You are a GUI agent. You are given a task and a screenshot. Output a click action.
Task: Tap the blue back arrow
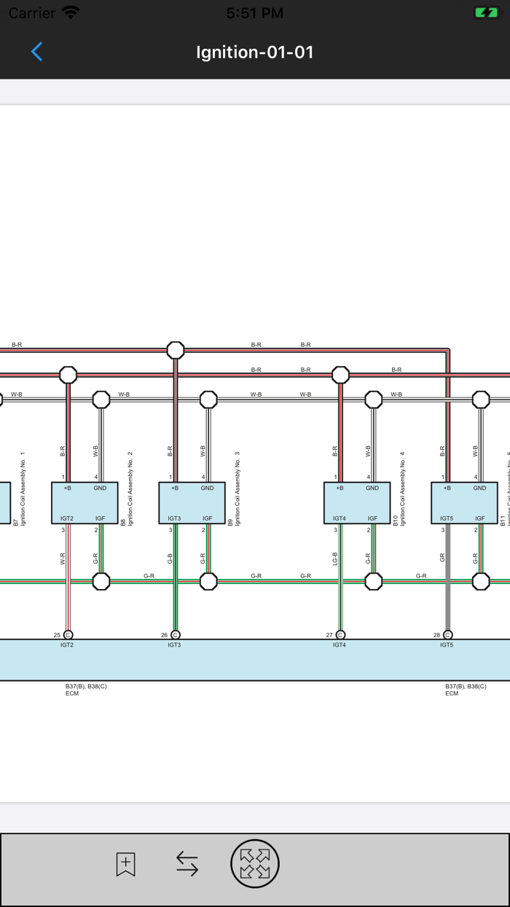tap(36, 51)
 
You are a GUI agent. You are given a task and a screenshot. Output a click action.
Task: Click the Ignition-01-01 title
tap(254, 52)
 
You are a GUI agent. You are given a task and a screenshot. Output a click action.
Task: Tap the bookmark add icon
tap(125, 864)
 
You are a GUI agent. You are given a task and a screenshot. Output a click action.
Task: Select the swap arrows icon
tap(187, 864)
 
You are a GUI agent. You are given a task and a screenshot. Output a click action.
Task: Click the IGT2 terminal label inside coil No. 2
tap(66, 518)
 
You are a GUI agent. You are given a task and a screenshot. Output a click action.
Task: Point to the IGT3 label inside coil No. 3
tap(174, 518)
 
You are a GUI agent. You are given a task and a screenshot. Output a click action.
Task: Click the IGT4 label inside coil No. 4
tap(339, 518)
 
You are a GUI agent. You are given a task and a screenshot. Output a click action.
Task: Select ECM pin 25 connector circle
tap(68, 635)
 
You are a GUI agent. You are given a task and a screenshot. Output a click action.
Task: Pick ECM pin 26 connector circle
tap(175, 635)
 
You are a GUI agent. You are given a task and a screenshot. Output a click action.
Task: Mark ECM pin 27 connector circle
tap(340, 635)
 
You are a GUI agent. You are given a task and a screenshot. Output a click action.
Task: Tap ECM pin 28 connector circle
tap(447, 635)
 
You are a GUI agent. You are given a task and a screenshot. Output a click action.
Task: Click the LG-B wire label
tap(335, 558)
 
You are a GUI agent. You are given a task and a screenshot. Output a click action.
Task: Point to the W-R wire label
tap(63, 558)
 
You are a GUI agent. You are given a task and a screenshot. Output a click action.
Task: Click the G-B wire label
tap(170, 558)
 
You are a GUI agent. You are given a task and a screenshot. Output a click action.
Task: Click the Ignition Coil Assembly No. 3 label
tap(238, 488)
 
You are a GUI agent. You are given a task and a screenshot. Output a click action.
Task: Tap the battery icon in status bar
tap(485, 12)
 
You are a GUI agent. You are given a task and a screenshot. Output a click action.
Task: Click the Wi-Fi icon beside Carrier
tap(71, 12)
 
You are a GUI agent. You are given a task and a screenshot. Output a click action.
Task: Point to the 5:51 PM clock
tap(254, 12)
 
